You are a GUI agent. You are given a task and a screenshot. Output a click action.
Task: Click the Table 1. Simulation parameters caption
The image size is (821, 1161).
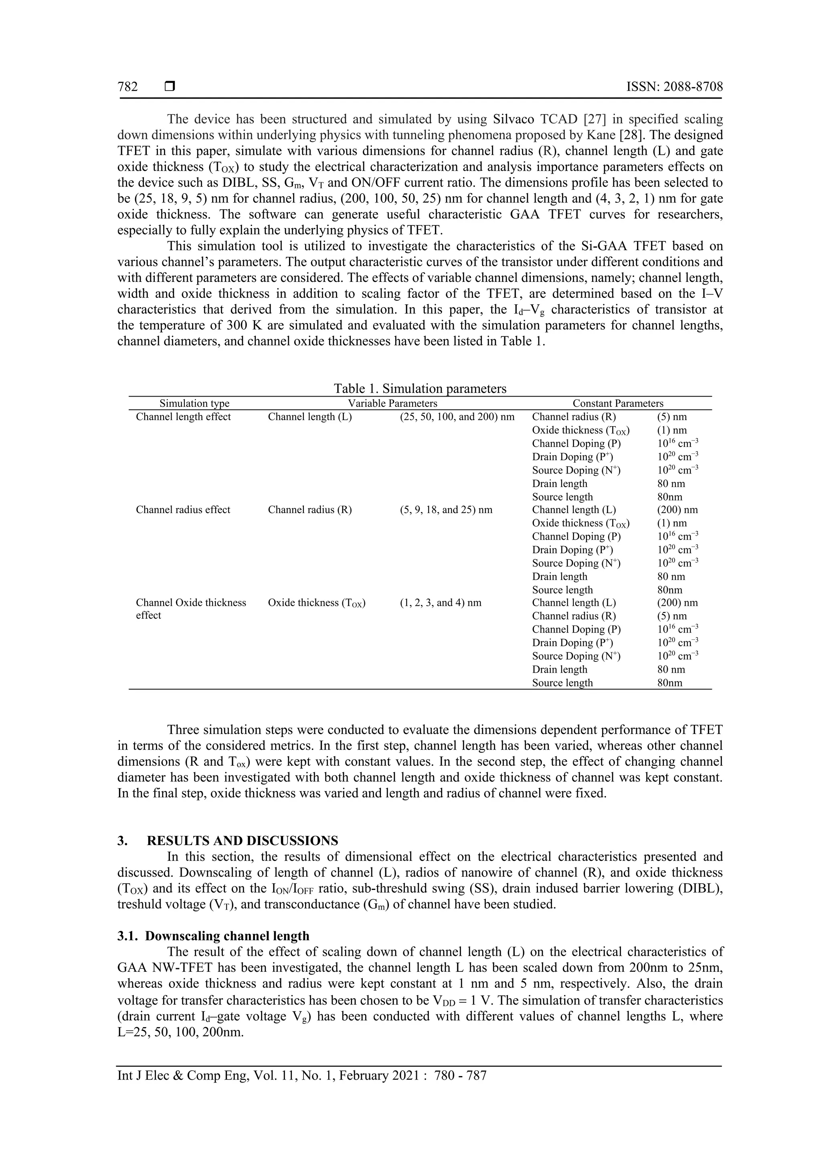[420, 388]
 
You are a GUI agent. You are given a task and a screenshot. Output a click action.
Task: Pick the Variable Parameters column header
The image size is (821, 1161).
[392, 404]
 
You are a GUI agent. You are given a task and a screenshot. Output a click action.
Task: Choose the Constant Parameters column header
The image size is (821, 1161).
[618, 404]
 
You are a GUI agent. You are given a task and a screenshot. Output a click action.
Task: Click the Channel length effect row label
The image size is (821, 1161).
[183, 417]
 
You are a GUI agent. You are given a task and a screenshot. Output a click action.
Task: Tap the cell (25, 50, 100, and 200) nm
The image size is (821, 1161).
[457, 417]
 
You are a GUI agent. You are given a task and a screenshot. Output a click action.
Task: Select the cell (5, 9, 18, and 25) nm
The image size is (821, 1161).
[445, 510]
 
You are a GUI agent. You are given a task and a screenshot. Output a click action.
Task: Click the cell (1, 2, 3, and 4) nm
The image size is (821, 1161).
[440, 603]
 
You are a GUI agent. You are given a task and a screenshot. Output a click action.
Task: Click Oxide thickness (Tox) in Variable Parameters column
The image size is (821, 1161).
[316, 603]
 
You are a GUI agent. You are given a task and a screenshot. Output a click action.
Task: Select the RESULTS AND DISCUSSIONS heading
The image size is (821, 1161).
[242, 841]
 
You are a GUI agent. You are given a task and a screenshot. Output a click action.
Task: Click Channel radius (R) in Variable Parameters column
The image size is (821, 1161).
[309, 510]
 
